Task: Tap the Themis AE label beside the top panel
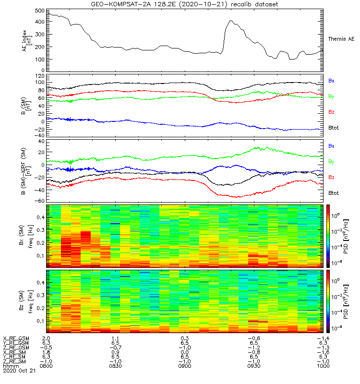[x=341, y=38]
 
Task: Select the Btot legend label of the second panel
[x=334, y=128]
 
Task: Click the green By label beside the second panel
[x=331, y=96]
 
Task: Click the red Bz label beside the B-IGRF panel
[x=331, y=177]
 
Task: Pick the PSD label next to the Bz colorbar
[x=345, y=301]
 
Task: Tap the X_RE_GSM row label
[x=16, y=338]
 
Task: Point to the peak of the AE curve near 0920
[x=231, y=21]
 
